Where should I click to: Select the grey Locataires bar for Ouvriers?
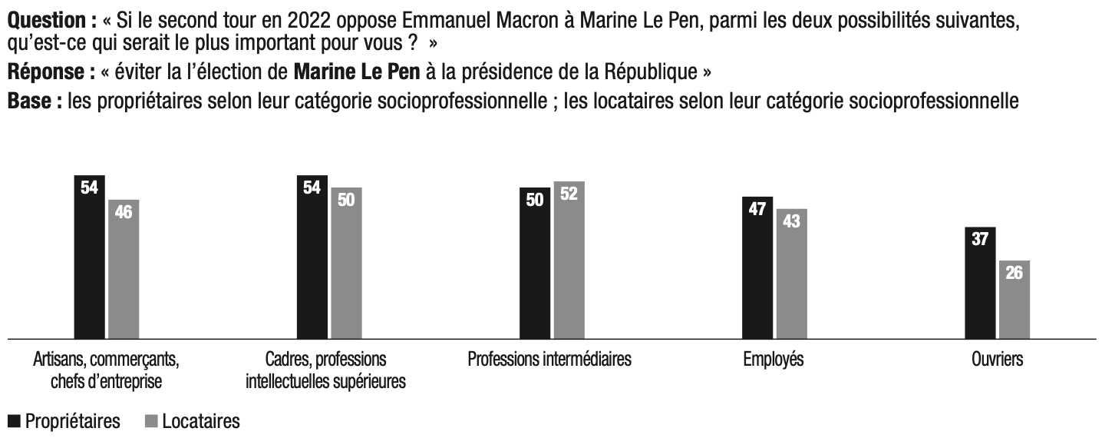pos(1014,300)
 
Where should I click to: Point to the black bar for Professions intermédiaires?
pos(534,263)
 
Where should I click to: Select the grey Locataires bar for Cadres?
pos(346,263)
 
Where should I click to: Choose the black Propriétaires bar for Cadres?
pos(312,257)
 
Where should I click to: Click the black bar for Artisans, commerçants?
pos(89,257)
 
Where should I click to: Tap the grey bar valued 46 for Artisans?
pos(124,269)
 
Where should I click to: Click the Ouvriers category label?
pos(997,360)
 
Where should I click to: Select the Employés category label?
pos(774,360)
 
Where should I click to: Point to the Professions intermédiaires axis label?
pos(549,360)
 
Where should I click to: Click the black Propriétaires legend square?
pos(14,422)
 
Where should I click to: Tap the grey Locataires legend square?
pos(150,422)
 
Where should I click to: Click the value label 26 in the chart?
pos(1014,272)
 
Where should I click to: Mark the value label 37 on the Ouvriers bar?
pos(979,239)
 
